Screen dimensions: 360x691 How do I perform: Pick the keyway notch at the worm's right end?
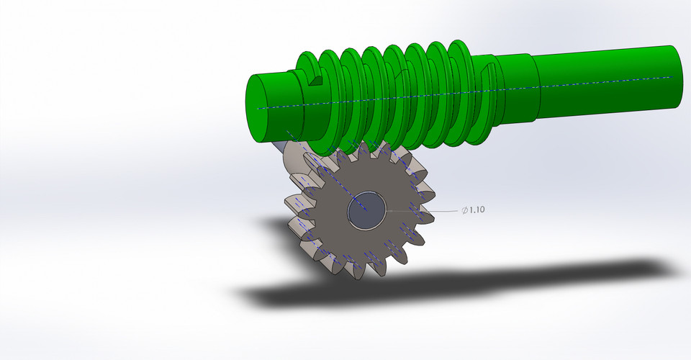pos(488,73)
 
